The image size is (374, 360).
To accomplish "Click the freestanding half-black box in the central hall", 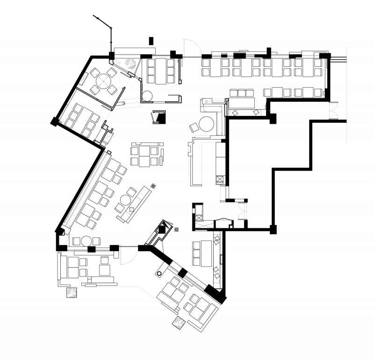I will [159, 117].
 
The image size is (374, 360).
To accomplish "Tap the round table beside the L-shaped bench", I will [207, 124].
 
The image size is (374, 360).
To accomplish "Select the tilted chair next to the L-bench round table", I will [194, 127].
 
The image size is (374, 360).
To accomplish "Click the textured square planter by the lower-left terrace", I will [71, 293].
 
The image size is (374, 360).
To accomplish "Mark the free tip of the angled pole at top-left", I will [94, 16].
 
